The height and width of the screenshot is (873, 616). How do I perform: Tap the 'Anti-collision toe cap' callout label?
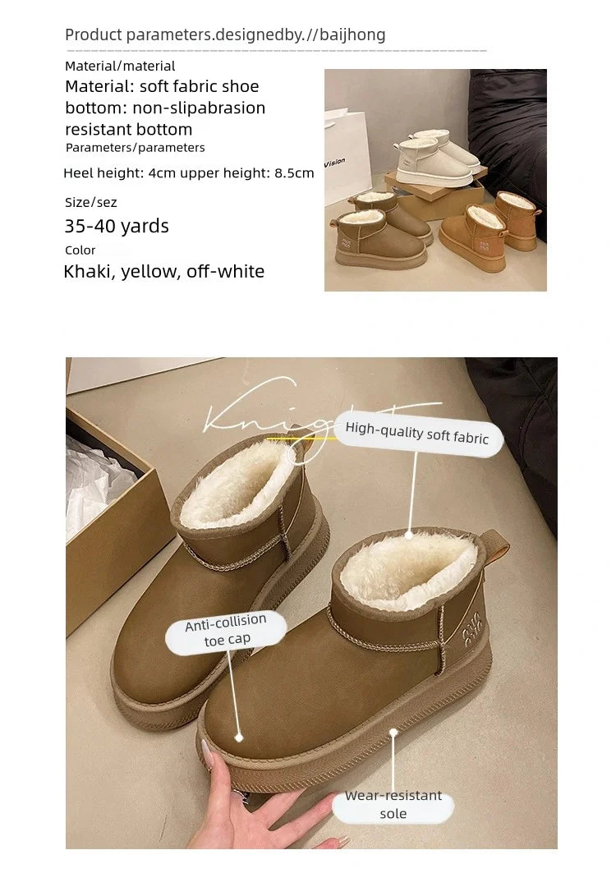pos(227,632)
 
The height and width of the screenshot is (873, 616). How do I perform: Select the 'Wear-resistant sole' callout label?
pos(393,805)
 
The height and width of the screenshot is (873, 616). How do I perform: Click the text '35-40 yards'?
pos(117,226)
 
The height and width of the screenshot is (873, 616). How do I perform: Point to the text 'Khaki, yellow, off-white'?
pos(164,271)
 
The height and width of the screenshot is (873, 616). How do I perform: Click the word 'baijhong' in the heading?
pos(354,34)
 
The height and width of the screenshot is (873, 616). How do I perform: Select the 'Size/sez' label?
pos(91,202)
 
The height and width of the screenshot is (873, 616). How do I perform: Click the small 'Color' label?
pos(80,250)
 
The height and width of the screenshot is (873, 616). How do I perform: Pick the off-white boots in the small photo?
pos(435,158)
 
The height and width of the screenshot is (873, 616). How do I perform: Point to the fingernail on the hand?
pos(205,749)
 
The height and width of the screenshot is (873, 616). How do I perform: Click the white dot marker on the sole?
pos(393,731)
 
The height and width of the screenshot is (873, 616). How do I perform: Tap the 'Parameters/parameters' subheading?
pos(136,148)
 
